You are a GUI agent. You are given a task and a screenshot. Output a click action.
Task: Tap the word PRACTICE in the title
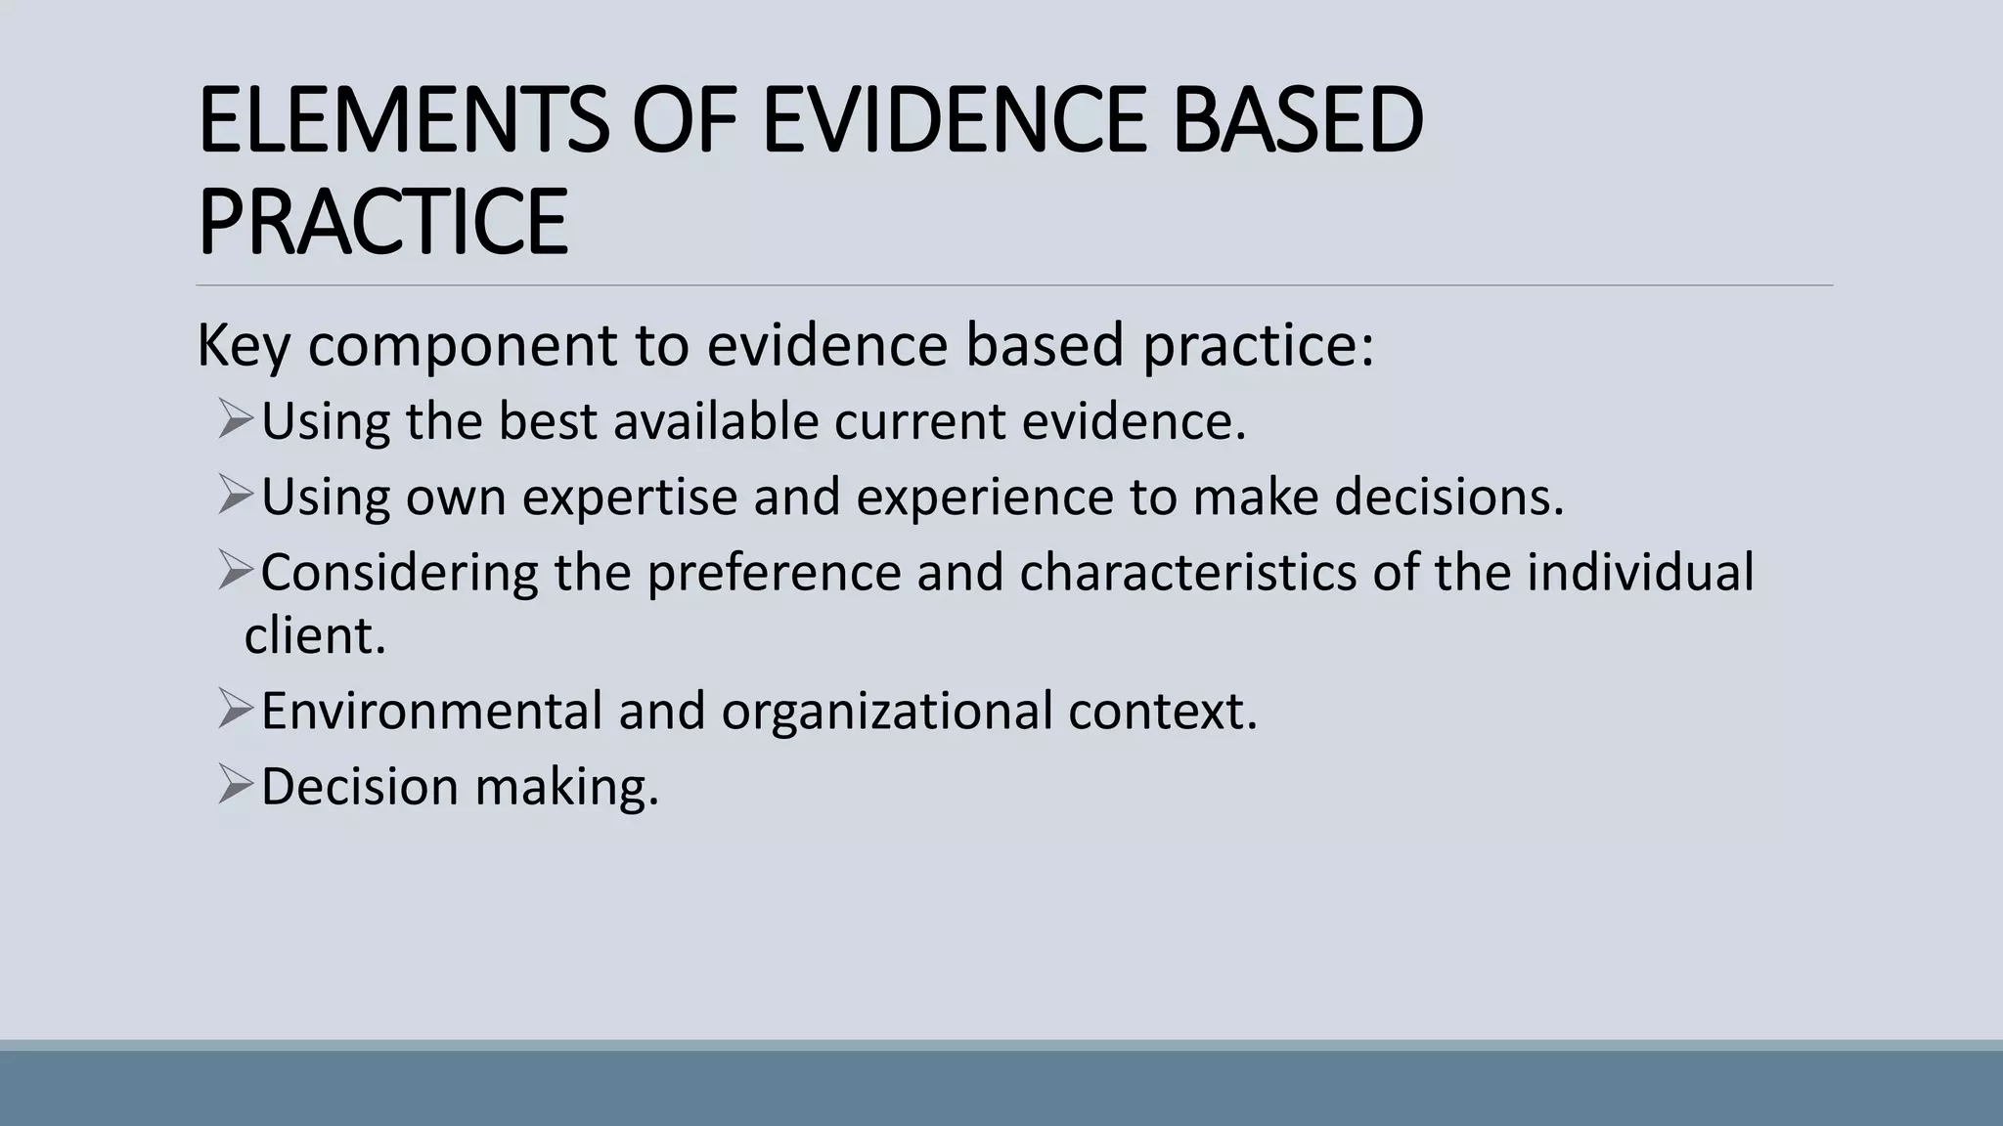[x=382, y=222]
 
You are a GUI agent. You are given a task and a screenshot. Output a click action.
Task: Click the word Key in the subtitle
[x=243, y=345]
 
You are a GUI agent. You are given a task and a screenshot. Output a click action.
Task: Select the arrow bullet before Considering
[x=236, y=570]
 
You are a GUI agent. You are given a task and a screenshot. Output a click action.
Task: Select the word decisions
[x=1448, y=497]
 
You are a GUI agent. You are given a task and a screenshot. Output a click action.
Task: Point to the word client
[x=314, y=635]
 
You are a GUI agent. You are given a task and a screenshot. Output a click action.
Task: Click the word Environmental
[x=431, y=711]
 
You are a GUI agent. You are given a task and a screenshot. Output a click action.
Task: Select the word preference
[x=774, y=572]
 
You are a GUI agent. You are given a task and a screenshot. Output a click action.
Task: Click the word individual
[x=1640, y=572]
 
